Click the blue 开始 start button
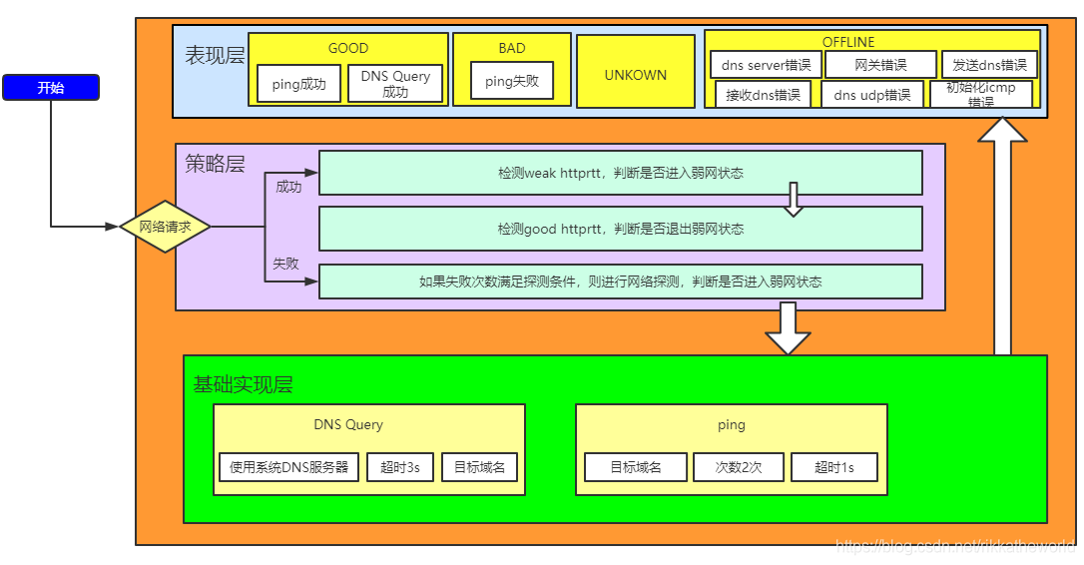51,88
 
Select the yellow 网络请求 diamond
165,227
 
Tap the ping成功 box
298,84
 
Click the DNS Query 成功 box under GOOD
395,84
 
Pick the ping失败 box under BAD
512,81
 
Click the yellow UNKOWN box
635,74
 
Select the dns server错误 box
766,66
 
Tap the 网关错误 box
880,66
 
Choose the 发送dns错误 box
989,66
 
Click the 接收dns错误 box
764,96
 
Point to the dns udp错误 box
872,96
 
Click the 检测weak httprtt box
620,173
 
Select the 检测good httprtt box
620,229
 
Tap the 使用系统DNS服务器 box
288,467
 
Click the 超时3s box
399,467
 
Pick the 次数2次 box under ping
738,467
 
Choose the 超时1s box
833,467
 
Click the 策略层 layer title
214,164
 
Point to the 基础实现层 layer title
243,384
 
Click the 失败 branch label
286,264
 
